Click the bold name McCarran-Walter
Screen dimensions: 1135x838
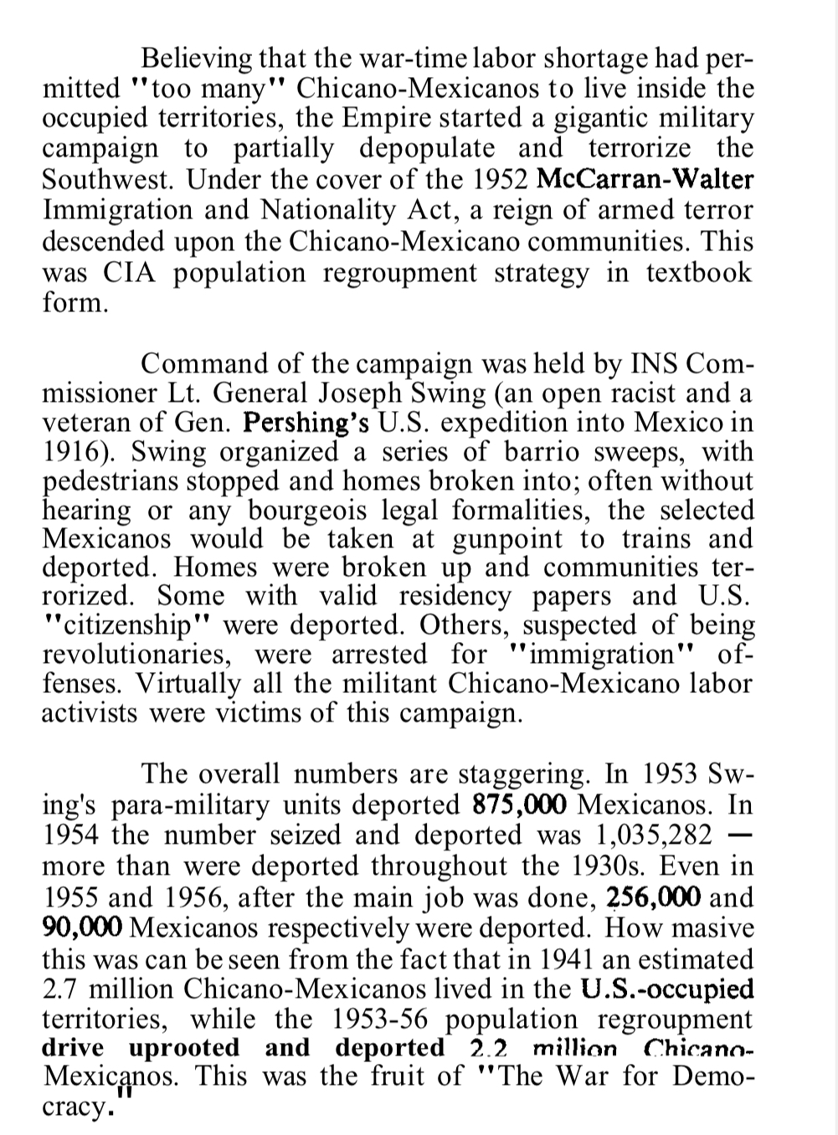(x=645, y=179)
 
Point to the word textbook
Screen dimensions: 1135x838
(x=699, y=273)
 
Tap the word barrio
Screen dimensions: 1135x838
(x=544, y=452)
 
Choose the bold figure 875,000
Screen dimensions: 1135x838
(x=520, y=804)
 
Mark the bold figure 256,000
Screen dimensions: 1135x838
(x=653, y=896)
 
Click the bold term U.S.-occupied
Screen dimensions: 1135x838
(x=666, y=989)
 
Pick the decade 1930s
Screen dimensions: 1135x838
(x=707, y=865)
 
